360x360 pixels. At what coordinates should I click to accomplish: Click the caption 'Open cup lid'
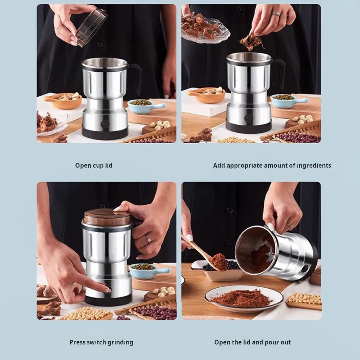coord(94,166)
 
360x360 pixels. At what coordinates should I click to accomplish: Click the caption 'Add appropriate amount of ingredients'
coord(272,166)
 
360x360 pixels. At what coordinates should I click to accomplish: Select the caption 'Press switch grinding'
coord(101,342)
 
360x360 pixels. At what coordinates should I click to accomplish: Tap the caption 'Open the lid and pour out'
coord(252,342)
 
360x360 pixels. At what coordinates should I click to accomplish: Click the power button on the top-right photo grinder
coord(249,119)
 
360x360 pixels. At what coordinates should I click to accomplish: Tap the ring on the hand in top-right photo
coord(276,14)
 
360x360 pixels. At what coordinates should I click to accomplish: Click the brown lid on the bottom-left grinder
coord(107,217)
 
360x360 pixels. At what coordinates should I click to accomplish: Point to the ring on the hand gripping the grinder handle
coord(149,239)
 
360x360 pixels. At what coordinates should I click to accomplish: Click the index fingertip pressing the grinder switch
coord(107,290)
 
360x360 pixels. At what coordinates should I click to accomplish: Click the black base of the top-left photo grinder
coord(105,133)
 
